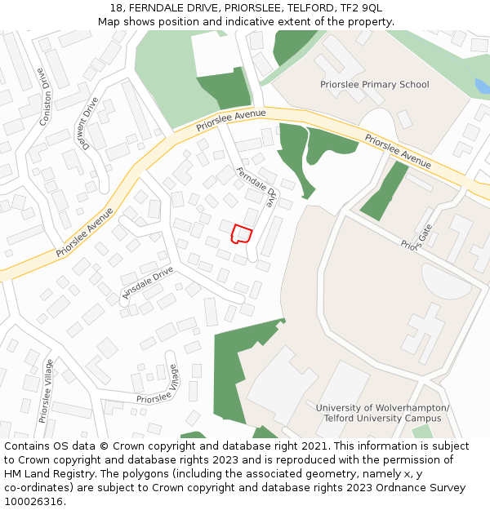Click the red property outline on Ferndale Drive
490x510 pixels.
(x=241, y=234)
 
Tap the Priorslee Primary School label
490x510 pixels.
(x=374, y=85)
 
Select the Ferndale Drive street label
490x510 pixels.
(x=256, y=187)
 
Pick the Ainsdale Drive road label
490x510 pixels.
(x=147, y=282)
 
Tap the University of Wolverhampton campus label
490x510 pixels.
(x=382, y=413)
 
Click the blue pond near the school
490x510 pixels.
(x=482, y=86)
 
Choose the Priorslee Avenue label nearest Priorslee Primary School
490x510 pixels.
(x=398, y=151)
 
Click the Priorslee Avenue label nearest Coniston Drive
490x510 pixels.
(x=85, y=233)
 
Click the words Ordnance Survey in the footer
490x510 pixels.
(x=422, y=487)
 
